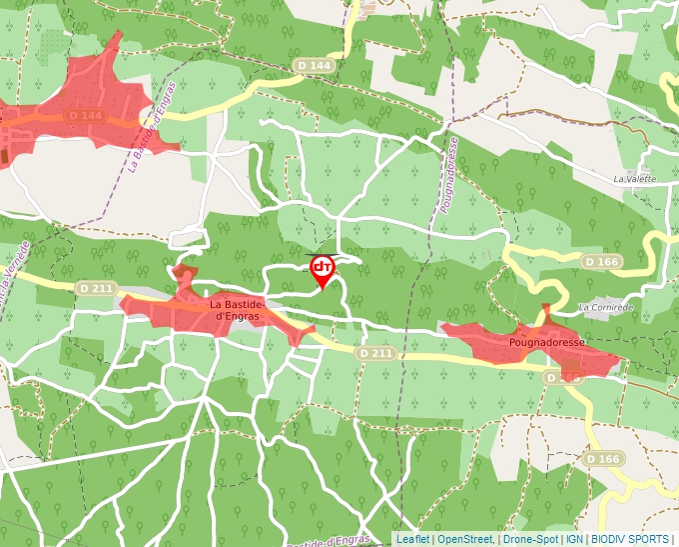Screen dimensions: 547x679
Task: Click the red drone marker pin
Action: click(x=323, y=270)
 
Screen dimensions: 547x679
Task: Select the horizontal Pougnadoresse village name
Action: click(x=546, y=341)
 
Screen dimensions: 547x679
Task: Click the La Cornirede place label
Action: click(x=605, y=306)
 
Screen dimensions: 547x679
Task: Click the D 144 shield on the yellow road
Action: click(x=313, y=65)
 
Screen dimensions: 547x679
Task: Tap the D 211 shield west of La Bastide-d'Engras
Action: click(x=96, y=289)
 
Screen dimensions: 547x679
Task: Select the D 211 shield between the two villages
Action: click(x=375, y=353)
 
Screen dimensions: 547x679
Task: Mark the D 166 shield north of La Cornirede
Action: click(x=602, y=262)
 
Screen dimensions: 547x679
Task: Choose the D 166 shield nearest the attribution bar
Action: click(x=603, y=459)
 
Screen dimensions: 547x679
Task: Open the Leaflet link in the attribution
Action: click(x=412, y=539)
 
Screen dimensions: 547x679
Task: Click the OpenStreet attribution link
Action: click(x=464, y=539)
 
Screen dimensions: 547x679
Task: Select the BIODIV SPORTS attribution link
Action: click(x=629, y=539)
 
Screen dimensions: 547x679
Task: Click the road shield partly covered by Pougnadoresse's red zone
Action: click(x=563, y=378)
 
